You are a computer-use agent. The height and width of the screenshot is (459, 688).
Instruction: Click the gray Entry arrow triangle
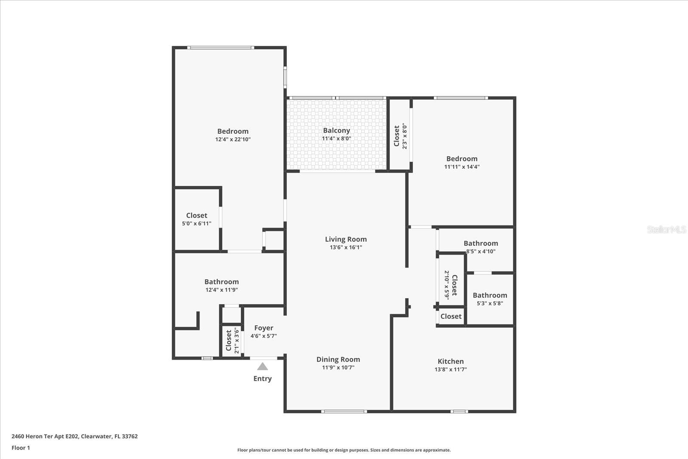(x=262, y=367)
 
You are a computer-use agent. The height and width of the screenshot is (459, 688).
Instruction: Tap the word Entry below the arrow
(x=262, y=379)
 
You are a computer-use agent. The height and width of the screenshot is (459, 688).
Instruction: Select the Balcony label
(x=336, y=130)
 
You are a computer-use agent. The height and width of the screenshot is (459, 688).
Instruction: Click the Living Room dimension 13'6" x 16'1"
(x=346, y=247)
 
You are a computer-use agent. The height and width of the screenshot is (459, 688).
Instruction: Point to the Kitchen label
(x=451, y=361)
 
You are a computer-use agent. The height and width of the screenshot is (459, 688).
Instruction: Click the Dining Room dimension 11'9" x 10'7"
(x=338, y=367)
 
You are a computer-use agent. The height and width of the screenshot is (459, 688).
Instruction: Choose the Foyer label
(x=264, y=328)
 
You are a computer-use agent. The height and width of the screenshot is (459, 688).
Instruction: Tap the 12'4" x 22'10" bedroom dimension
(x=233, y=139)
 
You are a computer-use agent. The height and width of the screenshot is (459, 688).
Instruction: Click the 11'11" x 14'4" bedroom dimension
(x=462, y=167)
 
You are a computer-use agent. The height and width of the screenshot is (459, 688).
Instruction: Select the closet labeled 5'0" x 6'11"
(x=197, y=219)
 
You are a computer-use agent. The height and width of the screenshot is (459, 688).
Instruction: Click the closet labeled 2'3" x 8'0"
(x=400, y=136)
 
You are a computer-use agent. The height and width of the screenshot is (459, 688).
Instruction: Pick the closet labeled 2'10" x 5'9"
(x=451, y=285)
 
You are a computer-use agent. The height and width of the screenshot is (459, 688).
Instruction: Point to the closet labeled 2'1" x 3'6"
(x=232, y=341)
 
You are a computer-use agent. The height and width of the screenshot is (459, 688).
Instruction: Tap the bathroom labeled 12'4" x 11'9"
(x=221, y=286)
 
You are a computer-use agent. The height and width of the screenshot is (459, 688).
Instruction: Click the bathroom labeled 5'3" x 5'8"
(x=490, y=299)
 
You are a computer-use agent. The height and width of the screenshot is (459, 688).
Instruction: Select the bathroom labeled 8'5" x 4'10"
(x=481, y=247)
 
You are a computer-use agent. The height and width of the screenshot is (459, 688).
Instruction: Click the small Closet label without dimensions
(x=451, y=316)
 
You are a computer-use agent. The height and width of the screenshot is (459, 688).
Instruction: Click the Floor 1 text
(x=21, y=448)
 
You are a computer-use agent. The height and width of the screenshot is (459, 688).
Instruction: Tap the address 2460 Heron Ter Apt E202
(x=45, y=436)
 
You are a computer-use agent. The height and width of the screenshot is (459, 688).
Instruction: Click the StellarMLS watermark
(x=666, y=229)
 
